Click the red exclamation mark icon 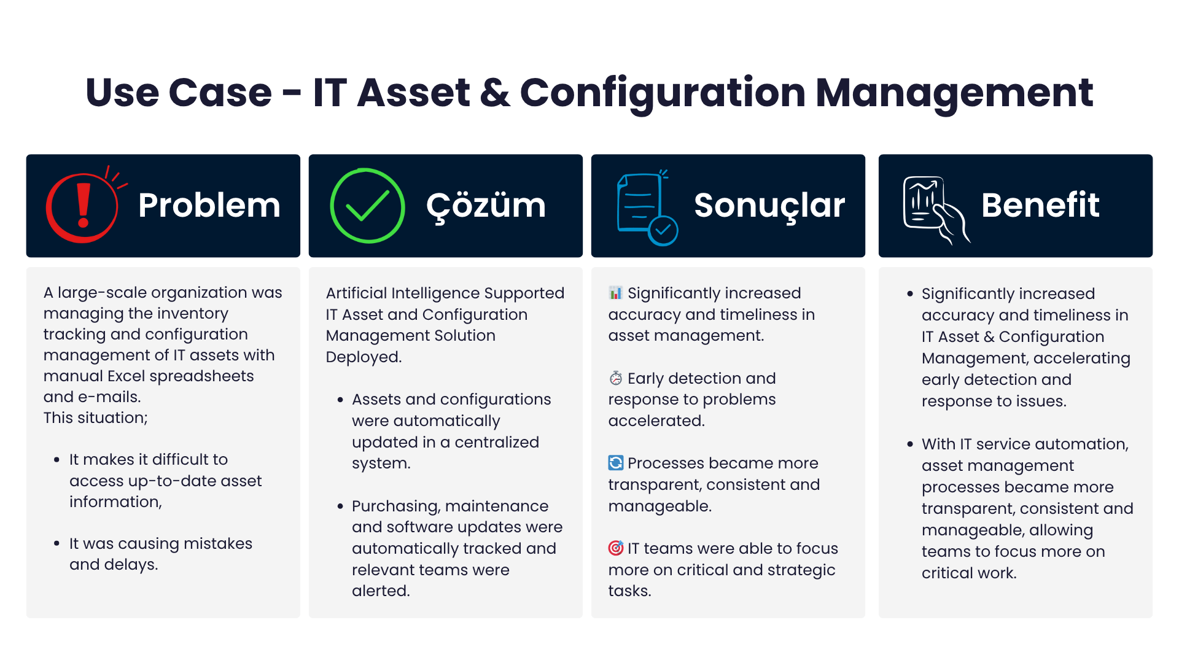click(84, 206)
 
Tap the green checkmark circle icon click(367, 206)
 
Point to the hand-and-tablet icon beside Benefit click(933, 209)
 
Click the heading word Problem click(209, 205)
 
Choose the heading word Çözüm click(486, 206)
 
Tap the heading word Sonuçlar click(769, 205)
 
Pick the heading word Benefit click(1040, 205)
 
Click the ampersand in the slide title click(495, 93)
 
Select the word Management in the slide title click(954, 93)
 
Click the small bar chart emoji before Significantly click(615, 293)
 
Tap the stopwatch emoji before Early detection click(615, 378)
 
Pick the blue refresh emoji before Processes click(615, 463)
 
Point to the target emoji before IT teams click(615, 548)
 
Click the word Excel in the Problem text click(129, 376)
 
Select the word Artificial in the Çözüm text click(356, 293)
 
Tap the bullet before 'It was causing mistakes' click(56, 544)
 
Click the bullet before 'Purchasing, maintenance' click(340, 506)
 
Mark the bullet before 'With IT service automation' click(909, 444)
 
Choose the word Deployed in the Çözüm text click(363, 357)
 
